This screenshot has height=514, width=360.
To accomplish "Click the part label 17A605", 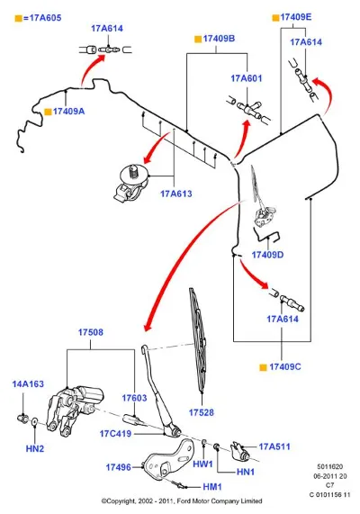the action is pos(45,18).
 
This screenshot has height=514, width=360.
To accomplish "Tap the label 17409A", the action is pos(69,112).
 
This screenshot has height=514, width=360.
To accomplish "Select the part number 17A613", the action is pos(176,194).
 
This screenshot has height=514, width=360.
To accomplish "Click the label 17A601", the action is pos(247,78).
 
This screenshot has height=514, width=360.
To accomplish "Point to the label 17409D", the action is pos(267,255).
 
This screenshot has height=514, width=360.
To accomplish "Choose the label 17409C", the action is pos(285,366).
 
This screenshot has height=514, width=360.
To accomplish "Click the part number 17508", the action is pos(91,332).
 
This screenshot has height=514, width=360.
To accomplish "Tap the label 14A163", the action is pos(28,383).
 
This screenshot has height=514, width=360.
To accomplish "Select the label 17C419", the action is pos(115,434).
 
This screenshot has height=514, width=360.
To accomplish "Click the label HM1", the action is pos(212,487).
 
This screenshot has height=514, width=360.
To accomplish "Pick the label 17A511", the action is pos(274,446).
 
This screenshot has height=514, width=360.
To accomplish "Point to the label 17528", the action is pos(202,412).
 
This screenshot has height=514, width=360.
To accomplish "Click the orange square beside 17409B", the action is pos(198,40).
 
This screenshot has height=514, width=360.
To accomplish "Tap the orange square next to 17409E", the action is pos(275,18).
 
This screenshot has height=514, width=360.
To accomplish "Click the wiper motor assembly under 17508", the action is pos(75,410).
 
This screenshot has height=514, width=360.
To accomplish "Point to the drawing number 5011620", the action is pos(329,466).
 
